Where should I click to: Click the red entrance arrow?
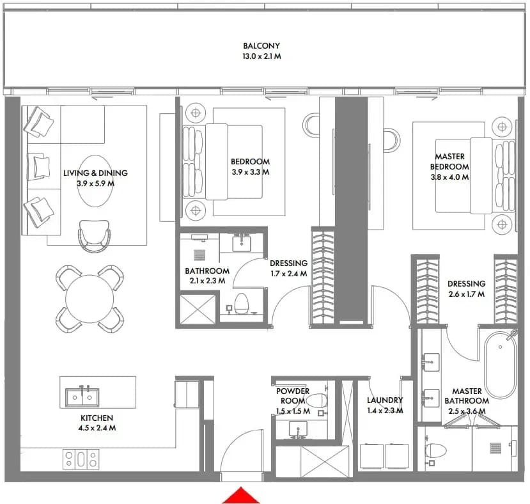click(x=240, y=495)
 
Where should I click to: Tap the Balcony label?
click(x=261, y=45)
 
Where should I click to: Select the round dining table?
click(x=90, y=299)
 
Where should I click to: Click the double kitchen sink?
click(x=82, y=397)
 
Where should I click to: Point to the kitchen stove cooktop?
click(x=81, y=459)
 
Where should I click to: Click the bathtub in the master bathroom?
click(x=500, y=365)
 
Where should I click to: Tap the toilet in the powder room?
click(x=316, y=401)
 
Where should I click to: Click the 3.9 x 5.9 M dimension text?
click(x=95, y=184)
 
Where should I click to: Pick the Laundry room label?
click(x=385, y=400)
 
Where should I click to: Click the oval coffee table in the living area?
click(x=95, y=181)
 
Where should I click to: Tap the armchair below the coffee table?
click(x=95, y=236)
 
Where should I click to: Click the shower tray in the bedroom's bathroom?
click(x=198, y=309)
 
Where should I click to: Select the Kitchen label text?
click(x=97, y=418)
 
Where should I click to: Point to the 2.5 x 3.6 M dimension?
click(x=467, y=411)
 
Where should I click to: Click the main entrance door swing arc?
click(x=237, y=440)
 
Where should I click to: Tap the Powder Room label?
click(x=292, y=396)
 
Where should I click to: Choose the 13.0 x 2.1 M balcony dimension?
click(x=261, y=56)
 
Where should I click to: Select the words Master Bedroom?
click(x=449, y=162)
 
